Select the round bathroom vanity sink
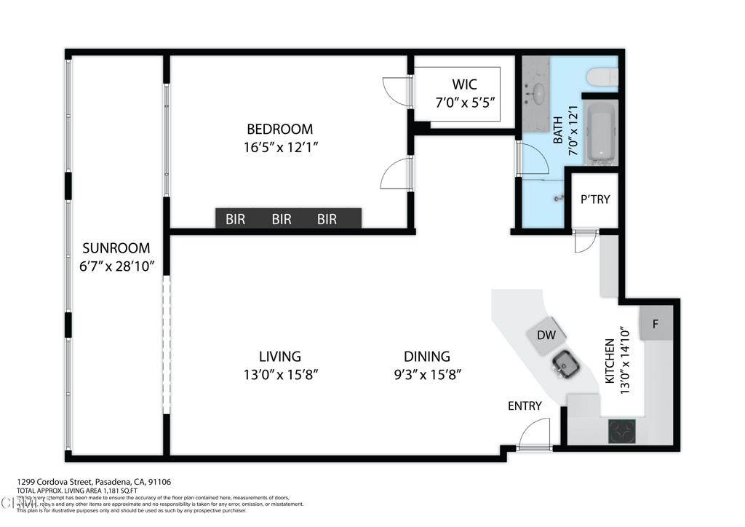(x=539, y=92)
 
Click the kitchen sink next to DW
(x=565, y=363)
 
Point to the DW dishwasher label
(x=546, y=335)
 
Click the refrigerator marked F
(x=655, y=324)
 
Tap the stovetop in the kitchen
(x=622, y=431)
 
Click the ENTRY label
(x=525, y=405)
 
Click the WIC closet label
(x=464, y=85)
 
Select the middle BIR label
(x=282, y=219)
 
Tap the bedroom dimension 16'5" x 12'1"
(x=280, y=147)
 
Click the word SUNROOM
(x=116, y=247)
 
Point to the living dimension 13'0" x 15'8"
(x=280, y=375)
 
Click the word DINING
(x=427, y=357)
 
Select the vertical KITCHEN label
(x=610, y=362)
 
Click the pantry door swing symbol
(x=585, y=242)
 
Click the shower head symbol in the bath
(x=558, y=199)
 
